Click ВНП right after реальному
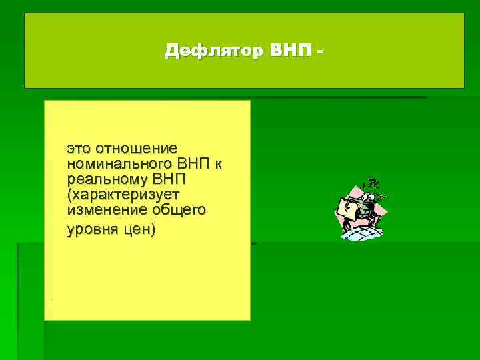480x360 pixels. click(169, 179)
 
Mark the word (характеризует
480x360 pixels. click(114, 195)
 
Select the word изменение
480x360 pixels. click(106, 211)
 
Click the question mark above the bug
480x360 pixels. click(375, 181)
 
